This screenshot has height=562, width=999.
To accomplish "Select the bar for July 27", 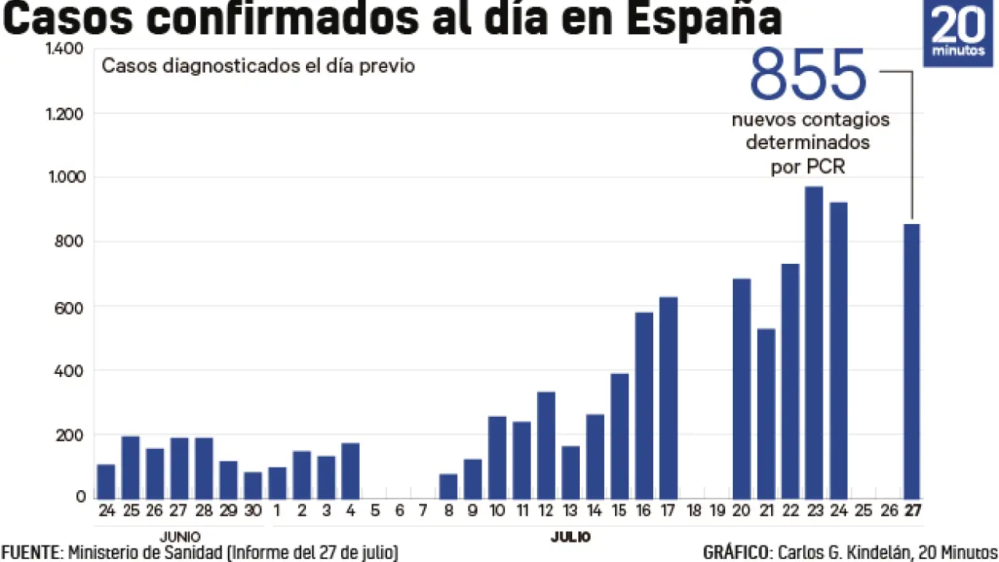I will tap(912, 361).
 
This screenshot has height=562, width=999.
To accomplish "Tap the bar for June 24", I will tap(106, 482).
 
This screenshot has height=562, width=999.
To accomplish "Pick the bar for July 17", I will tap(668, 397).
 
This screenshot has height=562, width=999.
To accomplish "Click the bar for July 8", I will tap(448, 486).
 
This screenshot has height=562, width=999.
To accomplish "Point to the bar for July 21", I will tap(766, 414).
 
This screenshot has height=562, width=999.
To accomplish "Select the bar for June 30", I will tap(253, 485).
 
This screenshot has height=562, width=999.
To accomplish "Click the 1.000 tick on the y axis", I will tap(66, 177).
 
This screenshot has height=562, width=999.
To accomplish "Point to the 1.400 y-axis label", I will tap(66, 49).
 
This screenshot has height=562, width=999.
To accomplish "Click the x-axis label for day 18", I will tap(692, 512).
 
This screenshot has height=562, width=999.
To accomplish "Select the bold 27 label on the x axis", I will tap(912, 512).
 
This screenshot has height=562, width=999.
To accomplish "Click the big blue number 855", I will tap(808, 76).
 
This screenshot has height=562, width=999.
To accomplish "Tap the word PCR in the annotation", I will tap(828, 167).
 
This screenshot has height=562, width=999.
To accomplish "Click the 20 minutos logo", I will tap(959, 34).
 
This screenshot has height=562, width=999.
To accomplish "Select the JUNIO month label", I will tap(180, 536).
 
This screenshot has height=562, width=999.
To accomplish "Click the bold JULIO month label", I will tap(571, 536).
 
